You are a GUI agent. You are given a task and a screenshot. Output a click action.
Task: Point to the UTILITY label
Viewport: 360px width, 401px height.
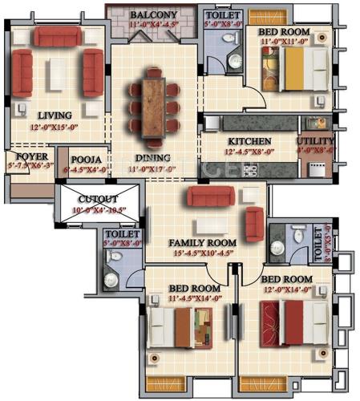(316, 141)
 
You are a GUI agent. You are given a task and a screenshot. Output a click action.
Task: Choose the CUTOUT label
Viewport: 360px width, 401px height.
(99, 199)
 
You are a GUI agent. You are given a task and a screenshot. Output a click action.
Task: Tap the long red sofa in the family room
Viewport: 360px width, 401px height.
(210, 196)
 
